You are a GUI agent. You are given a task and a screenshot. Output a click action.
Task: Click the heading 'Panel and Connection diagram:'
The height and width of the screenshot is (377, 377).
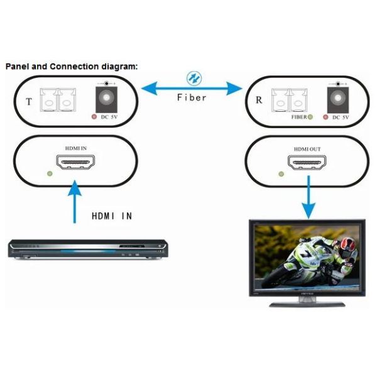coord(71,66)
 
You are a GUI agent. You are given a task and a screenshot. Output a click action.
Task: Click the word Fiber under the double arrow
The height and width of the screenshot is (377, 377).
coord(192,97)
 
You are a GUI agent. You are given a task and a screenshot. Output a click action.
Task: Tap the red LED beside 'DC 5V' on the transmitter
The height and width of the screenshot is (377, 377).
coord(94,117)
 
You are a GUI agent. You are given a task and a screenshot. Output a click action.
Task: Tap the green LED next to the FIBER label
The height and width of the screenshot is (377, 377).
coord(310,117)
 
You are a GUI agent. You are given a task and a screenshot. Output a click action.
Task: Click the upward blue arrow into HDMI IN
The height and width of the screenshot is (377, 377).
coord(75,201)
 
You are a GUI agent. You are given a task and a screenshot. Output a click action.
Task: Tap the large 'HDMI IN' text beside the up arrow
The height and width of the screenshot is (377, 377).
coord(112,216)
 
